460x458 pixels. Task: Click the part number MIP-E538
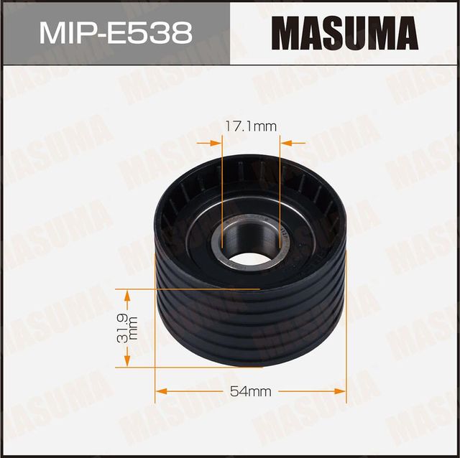point(115,33)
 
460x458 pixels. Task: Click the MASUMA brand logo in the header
point(345,33)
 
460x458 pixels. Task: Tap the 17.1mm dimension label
point(251,127)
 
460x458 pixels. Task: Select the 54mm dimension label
point(250,391)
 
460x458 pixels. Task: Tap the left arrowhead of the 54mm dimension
point(161,391)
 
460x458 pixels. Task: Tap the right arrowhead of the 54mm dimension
point(341,391)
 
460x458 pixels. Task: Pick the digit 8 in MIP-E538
point(181,33)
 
